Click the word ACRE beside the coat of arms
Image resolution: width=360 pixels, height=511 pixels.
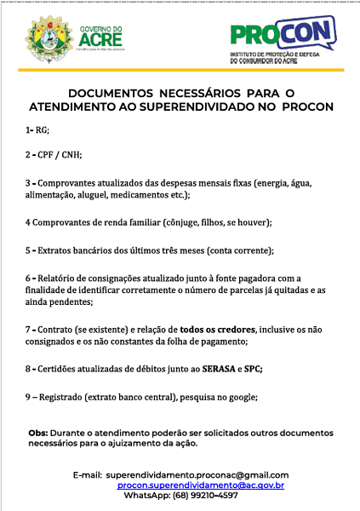coord(100,39)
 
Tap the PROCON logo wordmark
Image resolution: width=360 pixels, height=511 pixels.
coord(285,35)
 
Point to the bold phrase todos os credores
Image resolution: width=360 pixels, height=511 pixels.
coord(218,329)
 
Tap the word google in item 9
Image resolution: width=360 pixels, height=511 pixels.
coord(241,397)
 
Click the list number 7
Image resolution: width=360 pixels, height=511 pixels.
coord(28,329)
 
